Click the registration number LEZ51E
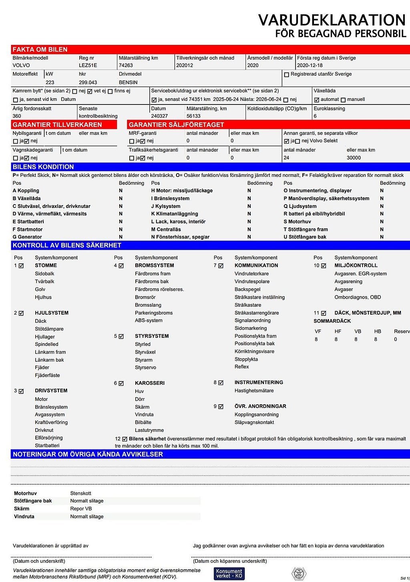88,65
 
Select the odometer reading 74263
126,65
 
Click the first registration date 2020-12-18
310,65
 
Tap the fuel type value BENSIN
128,82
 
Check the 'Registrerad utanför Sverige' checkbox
286,74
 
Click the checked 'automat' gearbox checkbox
317,100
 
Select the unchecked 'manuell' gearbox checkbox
343,100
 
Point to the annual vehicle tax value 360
17,116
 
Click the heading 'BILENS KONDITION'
43,167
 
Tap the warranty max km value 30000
354,158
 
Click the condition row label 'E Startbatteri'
28,222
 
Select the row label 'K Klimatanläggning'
175,214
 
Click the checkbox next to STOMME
21,266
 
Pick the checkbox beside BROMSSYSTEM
121,266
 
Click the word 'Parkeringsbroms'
154,313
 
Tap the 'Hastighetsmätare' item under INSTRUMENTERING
254,391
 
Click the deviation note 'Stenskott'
81,493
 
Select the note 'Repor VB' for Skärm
81,509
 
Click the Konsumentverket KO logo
229,574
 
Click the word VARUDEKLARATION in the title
332,20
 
